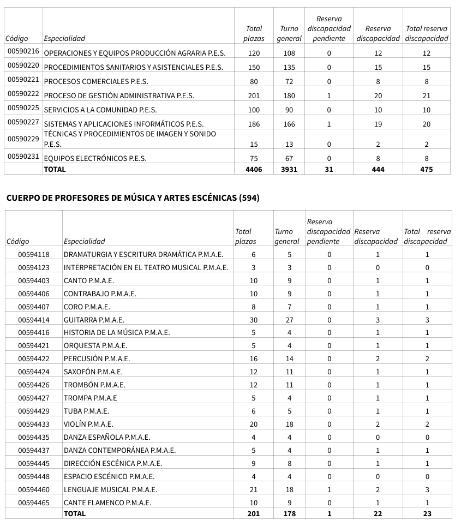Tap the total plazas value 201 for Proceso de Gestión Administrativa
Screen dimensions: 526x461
point(254,95)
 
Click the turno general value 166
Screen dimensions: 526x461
point(289,124)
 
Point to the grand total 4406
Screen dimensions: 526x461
point(254,169)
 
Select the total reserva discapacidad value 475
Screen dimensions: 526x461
point(427,169)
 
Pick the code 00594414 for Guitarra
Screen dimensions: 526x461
point(33,320)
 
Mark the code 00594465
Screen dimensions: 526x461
point(33,503)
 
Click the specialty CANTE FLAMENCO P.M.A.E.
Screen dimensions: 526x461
point(107,503)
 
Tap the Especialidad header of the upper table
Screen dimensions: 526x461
point(64,38)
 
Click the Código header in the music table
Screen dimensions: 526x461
point(17,241)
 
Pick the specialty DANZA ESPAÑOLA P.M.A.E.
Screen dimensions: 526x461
point(107,437)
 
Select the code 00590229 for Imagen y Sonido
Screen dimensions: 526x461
point(23,139)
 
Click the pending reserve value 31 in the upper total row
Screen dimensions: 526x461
point(328,169)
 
